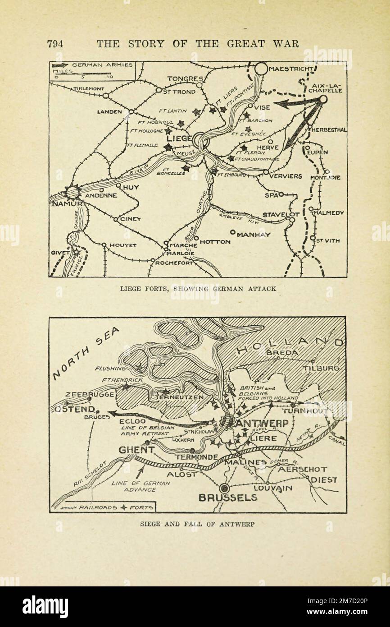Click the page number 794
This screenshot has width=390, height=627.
[x=55, y=44]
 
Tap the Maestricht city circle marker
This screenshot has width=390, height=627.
[x=261, y=69]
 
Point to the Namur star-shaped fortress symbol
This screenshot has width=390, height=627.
[x=72, y=193]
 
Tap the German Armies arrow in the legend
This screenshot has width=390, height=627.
[x=60, y=65]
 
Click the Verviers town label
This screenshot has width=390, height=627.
[x=286, y=176]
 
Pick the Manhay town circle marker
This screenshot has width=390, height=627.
[x=233, y=232]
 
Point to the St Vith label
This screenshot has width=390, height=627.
[x=328, y=241]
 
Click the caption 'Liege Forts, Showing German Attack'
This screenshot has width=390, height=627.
[x=198, y=288]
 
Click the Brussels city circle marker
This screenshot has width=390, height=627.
[x=224, y=488]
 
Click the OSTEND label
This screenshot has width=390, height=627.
[x=75, y=409]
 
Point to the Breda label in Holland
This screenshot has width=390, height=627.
[x=282, y=352]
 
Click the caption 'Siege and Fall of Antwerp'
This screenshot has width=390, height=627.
[x=198, y=524]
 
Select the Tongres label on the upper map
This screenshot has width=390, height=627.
[x=185, y=79]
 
